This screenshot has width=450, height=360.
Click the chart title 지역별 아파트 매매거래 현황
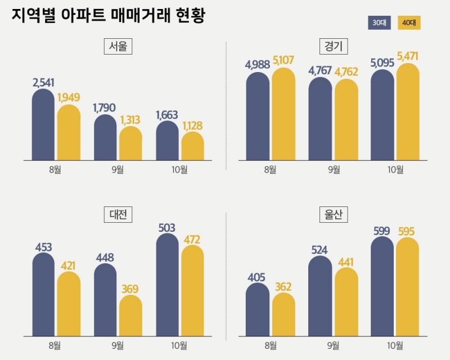click(108, 16)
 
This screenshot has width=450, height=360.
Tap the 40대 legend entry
click(409, 22)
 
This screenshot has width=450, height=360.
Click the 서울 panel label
click(118, 47)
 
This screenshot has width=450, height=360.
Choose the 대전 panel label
click(118, 214)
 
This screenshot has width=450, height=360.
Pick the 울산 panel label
click(332, 214)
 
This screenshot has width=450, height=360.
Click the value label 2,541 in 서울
click(43, 83)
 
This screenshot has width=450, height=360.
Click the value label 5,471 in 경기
click(407, 57)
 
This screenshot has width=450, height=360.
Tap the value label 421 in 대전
click(68, 265)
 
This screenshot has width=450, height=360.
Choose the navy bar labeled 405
click(258, 311)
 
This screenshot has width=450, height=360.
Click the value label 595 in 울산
click(407, 231)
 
